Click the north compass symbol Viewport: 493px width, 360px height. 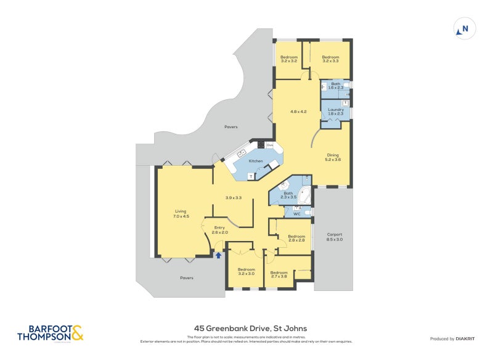[463, 28]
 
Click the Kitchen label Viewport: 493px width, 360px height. [255, 161]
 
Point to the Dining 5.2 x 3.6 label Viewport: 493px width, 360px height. [333, 157]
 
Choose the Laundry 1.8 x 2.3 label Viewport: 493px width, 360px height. [336, 112]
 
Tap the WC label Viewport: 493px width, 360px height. [296, 214]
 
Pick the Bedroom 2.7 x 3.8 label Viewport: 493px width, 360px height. [279, 274]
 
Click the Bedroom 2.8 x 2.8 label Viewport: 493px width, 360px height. [296, 238]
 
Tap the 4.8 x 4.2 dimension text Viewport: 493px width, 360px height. [299, 112]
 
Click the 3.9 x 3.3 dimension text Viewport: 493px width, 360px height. [233, 198]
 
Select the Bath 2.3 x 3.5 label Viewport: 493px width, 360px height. [288, 195]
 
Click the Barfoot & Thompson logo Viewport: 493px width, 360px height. [49, 333]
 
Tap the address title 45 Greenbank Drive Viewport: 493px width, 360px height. [250, 329]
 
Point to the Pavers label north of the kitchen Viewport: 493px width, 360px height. [231, 127]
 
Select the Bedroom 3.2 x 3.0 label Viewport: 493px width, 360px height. [246, 271]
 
